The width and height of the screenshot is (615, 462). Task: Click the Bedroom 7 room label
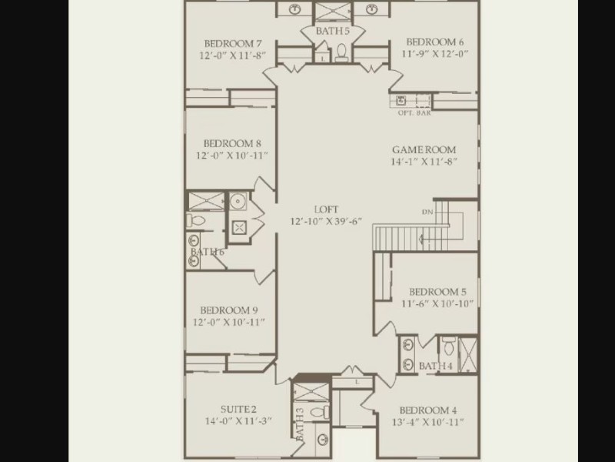click(x=233, y=43)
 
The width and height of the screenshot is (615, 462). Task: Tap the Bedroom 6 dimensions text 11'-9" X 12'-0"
click(x=434, y=53)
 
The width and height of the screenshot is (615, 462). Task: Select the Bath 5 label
click(x=332, y=31)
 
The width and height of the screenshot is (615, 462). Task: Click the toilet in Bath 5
click(x=341, y=53)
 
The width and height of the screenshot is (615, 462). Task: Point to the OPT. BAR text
click(x=414, y=112)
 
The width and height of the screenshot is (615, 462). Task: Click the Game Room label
click(x=424, y=149)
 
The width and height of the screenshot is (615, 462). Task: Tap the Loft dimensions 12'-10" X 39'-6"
click(x=326, y=221)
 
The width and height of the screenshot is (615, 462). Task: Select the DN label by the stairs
click(x=427, y=213)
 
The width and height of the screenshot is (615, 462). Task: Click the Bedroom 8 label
click(x=232, y=143)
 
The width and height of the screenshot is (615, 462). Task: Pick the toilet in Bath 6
click(x=196, y=220)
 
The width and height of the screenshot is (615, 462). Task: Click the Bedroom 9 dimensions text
click(x=229, y=322)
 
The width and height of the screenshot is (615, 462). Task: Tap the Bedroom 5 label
click(x=437, y=292)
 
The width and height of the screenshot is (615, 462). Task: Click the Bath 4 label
click(x=435, y=367)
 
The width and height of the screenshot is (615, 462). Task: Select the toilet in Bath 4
click(x=448, y=345)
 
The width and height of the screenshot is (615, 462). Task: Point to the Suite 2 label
click(x=238, y=410)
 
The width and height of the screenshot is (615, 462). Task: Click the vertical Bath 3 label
click(x=300, y=424)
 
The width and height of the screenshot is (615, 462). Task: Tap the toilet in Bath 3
click(x=320, y=413)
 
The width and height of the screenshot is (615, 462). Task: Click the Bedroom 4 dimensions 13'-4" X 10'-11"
click(x=428, y=422)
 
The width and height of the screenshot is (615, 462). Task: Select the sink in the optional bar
click(x=401, y=101)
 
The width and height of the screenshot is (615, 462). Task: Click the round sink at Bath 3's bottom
click(x=323, y=439)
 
